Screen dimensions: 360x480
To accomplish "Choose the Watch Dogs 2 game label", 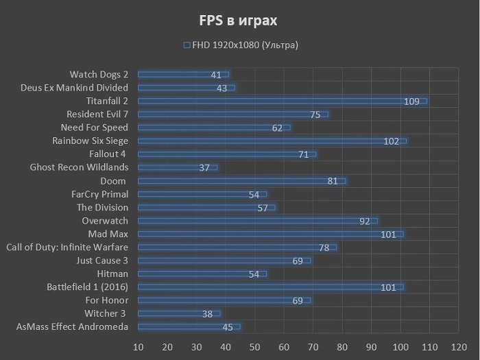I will (99, 75).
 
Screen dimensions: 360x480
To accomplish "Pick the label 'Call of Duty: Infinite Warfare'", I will (67, 248).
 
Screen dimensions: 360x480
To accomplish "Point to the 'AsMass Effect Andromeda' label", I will (72, 327).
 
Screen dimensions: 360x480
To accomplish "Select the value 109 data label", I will (411, 101).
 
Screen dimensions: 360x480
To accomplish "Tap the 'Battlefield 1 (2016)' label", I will (87, 287).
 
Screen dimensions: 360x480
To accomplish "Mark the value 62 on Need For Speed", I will (277, 128).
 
